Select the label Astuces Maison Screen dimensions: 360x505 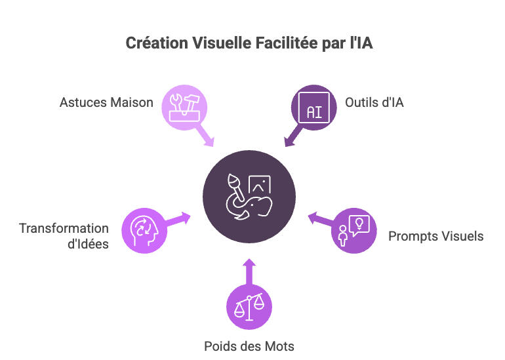[x=106, y=102]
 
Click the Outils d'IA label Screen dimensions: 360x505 [x=374, y=102]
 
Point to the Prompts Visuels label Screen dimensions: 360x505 [x=435, y=235]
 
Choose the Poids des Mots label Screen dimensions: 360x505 [x=249, y=346]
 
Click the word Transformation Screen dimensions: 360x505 [x=64, y=228]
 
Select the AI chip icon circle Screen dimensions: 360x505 [x=314, y=107]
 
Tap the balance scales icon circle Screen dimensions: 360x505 [x=249, y=306]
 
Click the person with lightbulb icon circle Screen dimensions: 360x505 [x=354, y=230]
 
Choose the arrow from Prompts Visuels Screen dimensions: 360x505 [x=321, y=218]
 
